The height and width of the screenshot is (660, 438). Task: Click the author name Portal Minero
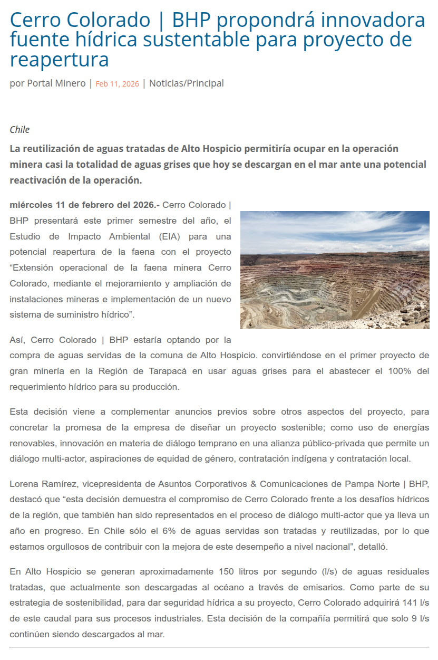coord(56,83)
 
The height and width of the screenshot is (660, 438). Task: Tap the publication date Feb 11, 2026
coord(117,84)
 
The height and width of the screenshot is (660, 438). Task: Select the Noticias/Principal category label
coord(187,83)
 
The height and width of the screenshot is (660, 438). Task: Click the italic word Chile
coord(20,130)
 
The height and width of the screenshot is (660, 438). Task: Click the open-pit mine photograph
coord(335,270)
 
